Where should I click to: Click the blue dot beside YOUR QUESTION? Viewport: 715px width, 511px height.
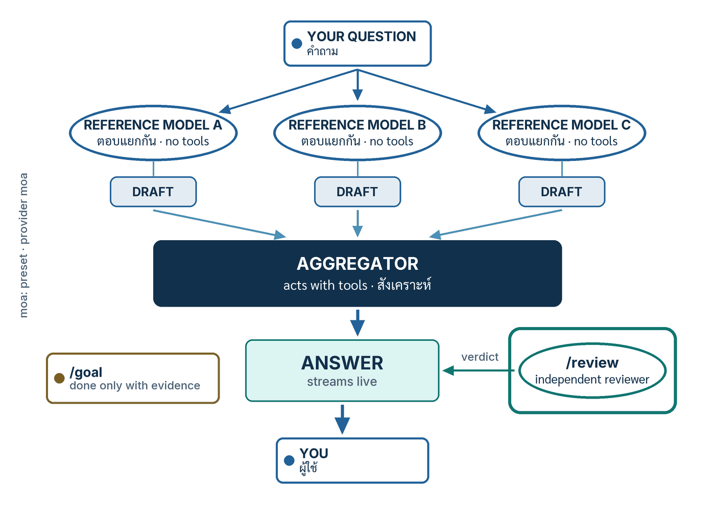(x=297, y=43)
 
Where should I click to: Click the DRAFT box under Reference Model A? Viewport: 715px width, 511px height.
(x=153, y=192)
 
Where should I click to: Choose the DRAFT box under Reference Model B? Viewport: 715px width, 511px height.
(x=357, y=192)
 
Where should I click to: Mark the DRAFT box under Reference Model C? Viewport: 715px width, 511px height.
(x=562, y=192)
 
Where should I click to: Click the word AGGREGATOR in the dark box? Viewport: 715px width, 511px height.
(x=357, y=264)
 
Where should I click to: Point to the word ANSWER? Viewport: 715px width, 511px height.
(x=342, y=363)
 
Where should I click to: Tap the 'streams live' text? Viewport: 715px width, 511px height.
(x=342, y=382)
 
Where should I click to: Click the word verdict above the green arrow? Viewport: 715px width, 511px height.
(x=480, y=357)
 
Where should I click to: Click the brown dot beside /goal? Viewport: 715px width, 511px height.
(x=59, y=378)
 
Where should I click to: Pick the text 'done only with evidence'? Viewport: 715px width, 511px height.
(x=135, y=386)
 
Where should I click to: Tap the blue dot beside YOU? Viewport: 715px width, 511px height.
(x=289, y=460)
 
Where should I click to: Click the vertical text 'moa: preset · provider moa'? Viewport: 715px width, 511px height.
(x=23, y=245)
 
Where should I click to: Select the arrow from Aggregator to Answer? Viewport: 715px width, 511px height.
(x=357, y=322)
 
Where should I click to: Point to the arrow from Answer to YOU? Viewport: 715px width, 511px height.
(x=342, y=420)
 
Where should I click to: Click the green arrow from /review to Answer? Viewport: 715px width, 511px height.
(x=479, y=370)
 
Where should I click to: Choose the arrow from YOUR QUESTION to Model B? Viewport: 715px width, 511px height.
(x=357, y=85)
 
